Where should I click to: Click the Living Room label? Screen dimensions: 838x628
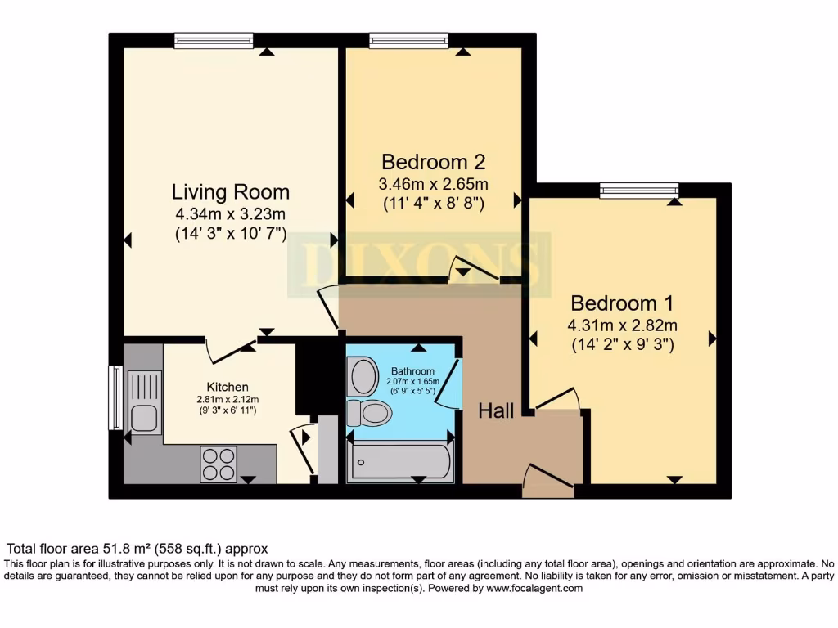230,191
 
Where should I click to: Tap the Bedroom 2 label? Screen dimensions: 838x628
434,161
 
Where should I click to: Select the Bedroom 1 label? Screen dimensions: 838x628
622,303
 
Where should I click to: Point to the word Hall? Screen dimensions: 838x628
496,410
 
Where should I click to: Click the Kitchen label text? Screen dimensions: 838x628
228,387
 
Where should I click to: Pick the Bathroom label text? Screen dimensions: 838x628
412,370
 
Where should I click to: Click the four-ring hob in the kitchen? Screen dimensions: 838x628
219,464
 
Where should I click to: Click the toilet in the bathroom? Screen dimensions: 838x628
369,413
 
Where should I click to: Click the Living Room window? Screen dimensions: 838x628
214,41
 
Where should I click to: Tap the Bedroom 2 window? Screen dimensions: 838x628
409,41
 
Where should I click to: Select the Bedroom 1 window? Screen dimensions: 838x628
638,190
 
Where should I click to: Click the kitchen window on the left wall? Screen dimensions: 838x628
116,398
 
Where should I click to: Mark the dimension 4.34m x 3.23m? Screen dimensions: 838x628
230,214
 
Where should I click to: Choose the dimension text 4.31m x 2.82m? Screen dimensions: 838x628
622,325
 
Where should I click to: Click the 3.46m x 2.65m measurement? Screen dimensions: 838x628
434,184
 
